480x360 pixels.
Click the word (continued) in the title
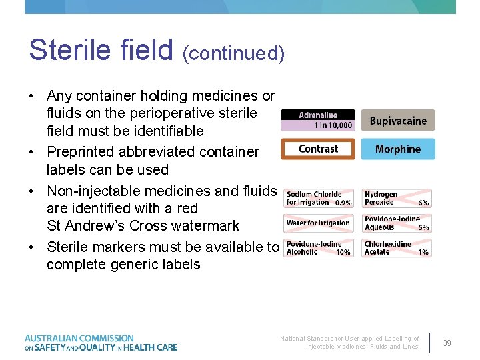click(x=233, y=53)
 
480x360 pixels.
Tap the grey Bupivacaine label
click(x=398, y=121)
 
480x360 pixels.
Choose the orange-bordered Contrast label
click(x=319, y=149)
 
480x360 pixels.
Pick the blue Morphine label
click(x=398, y=149)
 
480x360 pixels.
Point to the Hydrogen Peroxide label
click(x=397, y=198)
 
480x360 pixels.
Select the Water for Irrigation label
click(x=319, y=223)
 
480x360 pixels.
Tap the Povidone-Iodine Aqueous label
click(x=397, y=223)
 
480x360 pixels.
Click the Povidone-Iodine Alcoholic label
click(x=319, y=248)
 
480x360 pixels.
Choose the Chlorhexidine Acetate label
click(x=397, y=248)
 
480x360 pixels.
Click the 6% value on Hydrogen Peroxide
click(x=423, y=203)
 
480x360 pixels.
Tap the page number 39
click(x=447, y=343)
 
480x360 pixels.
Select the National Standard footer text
click(x=349, y=343)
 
